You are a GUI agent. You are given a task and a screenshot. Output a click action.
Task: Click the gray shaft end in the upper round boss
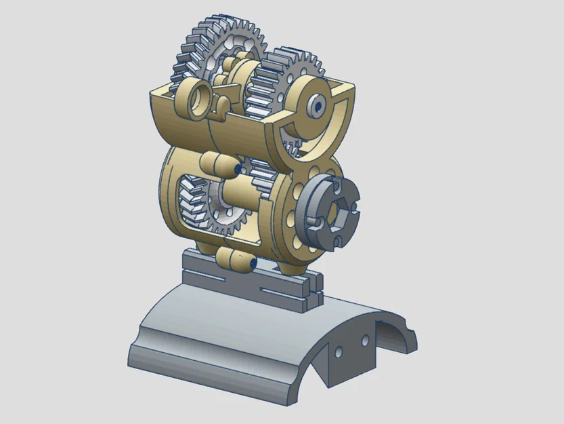tap(316, 106)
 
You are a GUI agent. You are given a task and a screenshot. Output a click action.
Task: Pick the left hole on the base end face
tap(340, 352)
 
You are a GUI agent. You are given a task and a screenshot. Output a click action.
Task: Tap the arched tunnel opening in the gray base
tap(393, 339)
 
